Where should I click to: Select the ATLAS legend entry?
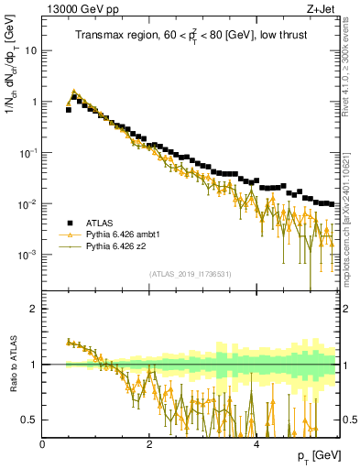100,223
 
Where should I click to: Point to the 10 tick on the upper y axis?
33,51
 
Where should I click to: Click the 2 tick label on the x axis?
149,443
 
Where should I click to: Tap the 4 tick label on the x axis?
256,443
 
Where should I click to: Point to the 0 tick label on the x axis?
42,443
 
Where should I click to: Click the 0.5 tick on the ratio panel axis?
31,420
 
